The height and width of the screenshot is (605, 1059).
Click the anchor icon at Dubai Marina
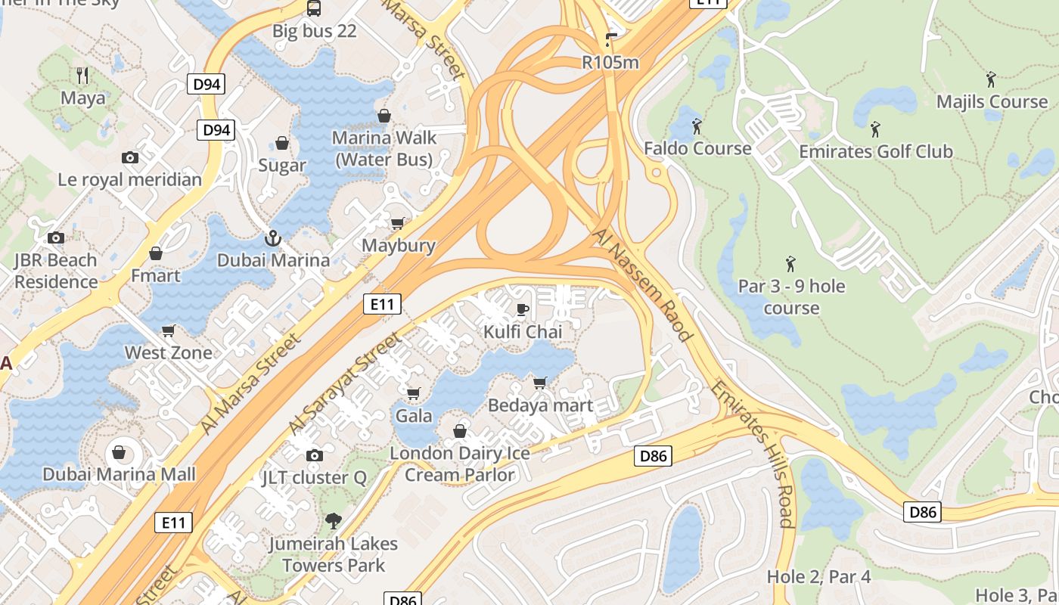tap(272, 238)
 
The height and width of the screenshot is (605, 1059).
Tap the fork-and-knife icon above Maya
tap(83, 76)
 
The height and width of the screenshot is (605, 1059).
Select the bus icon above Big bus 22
tap(313, 8)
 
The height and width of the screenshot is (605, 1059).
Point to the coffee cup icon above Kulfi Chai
tap(522, 309)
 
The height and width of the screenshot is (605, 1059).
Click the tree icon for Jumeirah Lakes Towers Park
tap(333, 521)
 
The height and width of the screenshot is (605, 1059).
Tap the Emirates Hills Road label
tap(753, 454)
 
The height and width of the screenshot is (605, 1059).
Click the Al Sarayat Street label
tap(345, 383)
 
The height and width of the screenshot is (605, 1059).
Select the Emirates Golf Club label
tap(876, 151)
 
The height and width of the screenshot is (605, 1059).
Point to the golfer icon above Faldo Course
tap(697, 126)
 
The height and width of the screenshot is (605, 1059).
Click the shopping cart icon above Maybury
tap(397, 223)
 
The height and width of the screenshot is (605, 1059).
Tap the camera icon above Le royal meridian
tap(130, 157)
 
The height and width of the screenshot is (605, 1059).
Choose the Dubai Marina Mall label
tap(119, 475)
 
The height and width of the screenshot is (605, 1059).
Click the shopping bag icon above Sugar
tap(282, 143)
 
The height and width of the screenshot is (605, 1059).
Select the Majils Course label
tap(992, 101)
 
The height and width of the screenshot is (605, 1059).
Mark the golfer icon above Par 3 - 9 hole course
tap(791, 264)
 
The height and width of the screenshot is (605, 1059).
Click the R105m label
tap(610, 62)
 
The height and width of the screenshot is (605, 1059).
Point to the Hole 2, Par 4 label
tap(818, 577)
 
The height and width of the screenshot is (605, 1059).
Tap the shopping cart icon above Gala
tap(413, 393)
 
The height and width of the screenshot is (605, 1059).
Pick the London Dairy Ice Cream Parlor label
tap(460, 464)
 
